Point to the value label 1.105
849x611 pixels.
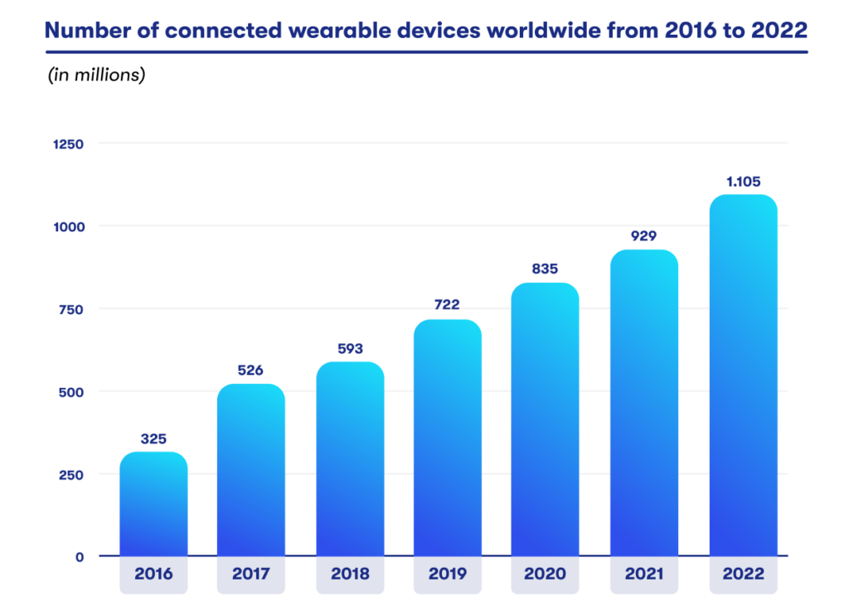743,182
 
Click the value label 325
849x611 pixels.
153,438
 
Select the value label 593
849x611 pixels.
349,348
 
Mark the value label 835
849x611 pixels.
546,269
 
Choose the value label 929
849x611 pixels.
644,235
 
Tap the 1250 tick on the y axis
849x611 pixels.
68,143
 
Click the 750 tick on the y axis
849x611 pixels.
71,309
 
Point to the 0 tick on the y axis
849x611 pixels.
80,557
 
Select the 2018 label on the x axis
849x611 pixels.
349,575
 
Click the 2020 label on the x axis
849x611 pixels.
546,575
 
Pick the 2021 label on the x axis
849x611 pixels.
644,575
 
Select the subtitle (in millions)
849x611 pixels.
96,75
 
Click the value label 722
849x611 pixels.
447,305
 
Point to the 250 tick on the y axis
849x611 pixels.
71,475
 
